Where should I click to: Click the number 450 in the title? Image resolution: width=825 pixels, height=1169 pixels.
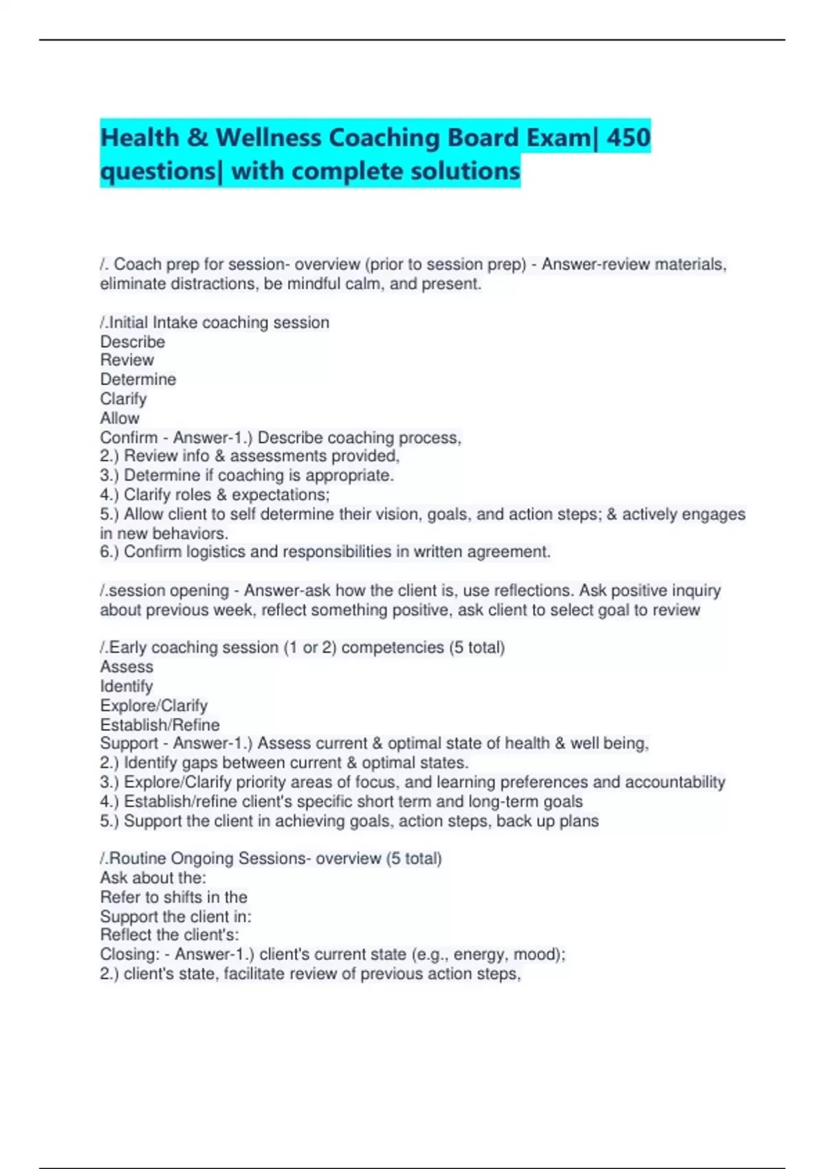(628, 138)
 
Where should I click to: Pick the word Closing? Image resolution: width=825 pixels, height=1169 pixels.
(129, 954)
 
